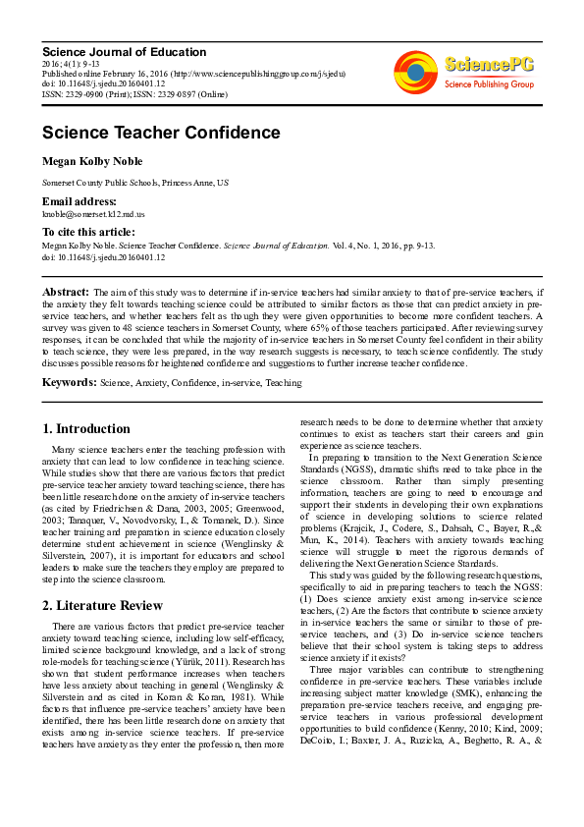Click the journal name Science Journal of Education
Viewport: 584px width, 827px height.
click(109, 52)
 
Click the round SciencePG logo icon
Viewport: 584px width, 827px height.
click(415, 70)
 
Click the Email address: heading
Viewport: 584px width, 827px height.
click(78, 200)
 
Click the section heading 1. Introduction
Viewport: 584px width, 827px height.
click(86, 429)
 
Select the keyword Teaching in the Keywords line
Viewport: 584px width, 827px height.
click(284, 383)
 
